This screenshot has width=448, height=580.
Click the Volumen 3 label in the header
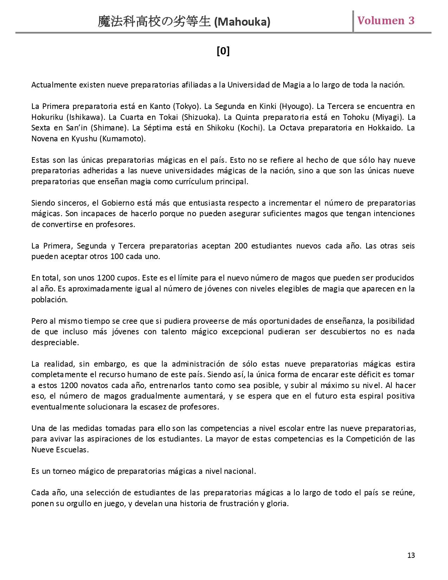point(386,20)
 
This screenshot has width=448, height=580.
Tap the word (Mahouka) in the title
point(242,22)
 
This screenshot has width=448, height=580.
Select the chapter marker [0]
point(223,51)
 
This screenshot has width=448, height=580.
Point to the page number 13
point(411,555)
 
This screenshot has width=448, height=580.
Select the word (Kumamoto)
point(123,138)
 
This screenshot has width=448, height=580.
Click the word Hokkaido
point(385,128)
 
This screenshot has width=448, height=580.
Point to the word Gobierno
point(118,203)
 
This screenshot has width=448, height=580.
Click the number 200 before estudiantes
point(241,246)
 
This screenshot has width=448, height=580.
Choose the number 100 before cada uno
point(117,256)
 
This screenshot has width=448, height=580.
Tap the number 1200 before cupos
point(106,278)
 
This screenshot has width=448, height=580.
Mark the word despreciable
point(55,342)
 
